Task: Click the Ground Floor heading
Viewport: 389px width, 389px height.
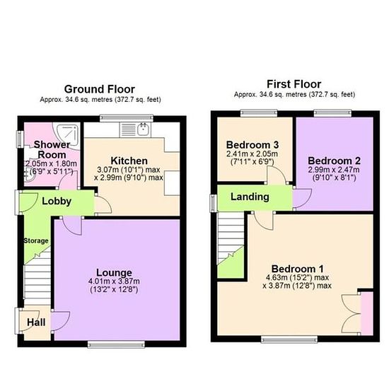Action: pyautogui.click(x=100, y=89)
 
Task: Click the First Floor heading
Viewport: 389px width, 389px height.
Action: pyautogui.click(x=294, y=84)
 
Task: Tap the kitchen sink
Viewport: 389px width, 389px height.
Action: pyautogui.click(x=144, y=129)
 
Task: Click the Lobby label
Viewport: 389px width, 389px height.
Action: pyautogui.click(x=57, y=201)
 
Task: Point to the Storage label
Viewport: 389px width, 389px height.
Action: pyautogui.click(x=36, y=240)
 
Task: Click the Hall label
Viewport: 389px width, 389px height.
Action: pyautogui.click(x=36, y=323)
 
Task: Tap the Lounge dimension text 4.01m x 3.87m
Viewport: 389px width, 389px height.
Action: pyautogui.click(x=114, y=281)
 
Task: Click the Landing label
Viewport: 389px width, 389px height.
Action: pyautogui.click(x=250, y=197)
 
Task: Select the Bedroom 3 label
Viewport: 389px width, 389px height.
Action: pyautogui.click(x=252, y=144)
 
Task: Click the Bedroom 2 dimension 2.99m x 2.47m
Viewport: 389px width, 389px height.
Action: pyautogui.click(x=334, y=170)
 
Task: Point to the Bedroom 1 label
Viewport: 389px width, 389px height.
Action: pyautogui.click(x=298, y=269)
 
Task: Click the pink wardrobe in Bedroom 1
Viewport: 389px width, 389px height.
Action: pyautogui.click(x=366, y=313)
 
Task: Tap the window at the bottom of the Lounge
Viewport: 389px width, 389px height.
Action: pyautogui.click(x=116, y=344)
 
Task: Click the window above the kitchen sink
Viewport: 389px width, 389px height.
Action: pyautogui.click(x=127, y=118)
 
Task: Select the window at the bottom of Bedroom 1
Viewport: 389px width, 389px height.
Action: pyautogui.click(x=289, y=339)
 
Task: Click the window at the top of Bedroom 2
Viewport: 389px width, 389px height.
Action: pyautogui.click(x=332, y=113)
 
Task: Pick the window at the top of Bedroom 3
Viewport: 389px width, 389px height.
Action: pyautogui.click(x=259, y=113)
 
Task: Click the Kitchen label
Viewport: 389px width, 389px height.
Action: pyautogui.click(x=129, y=161)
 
